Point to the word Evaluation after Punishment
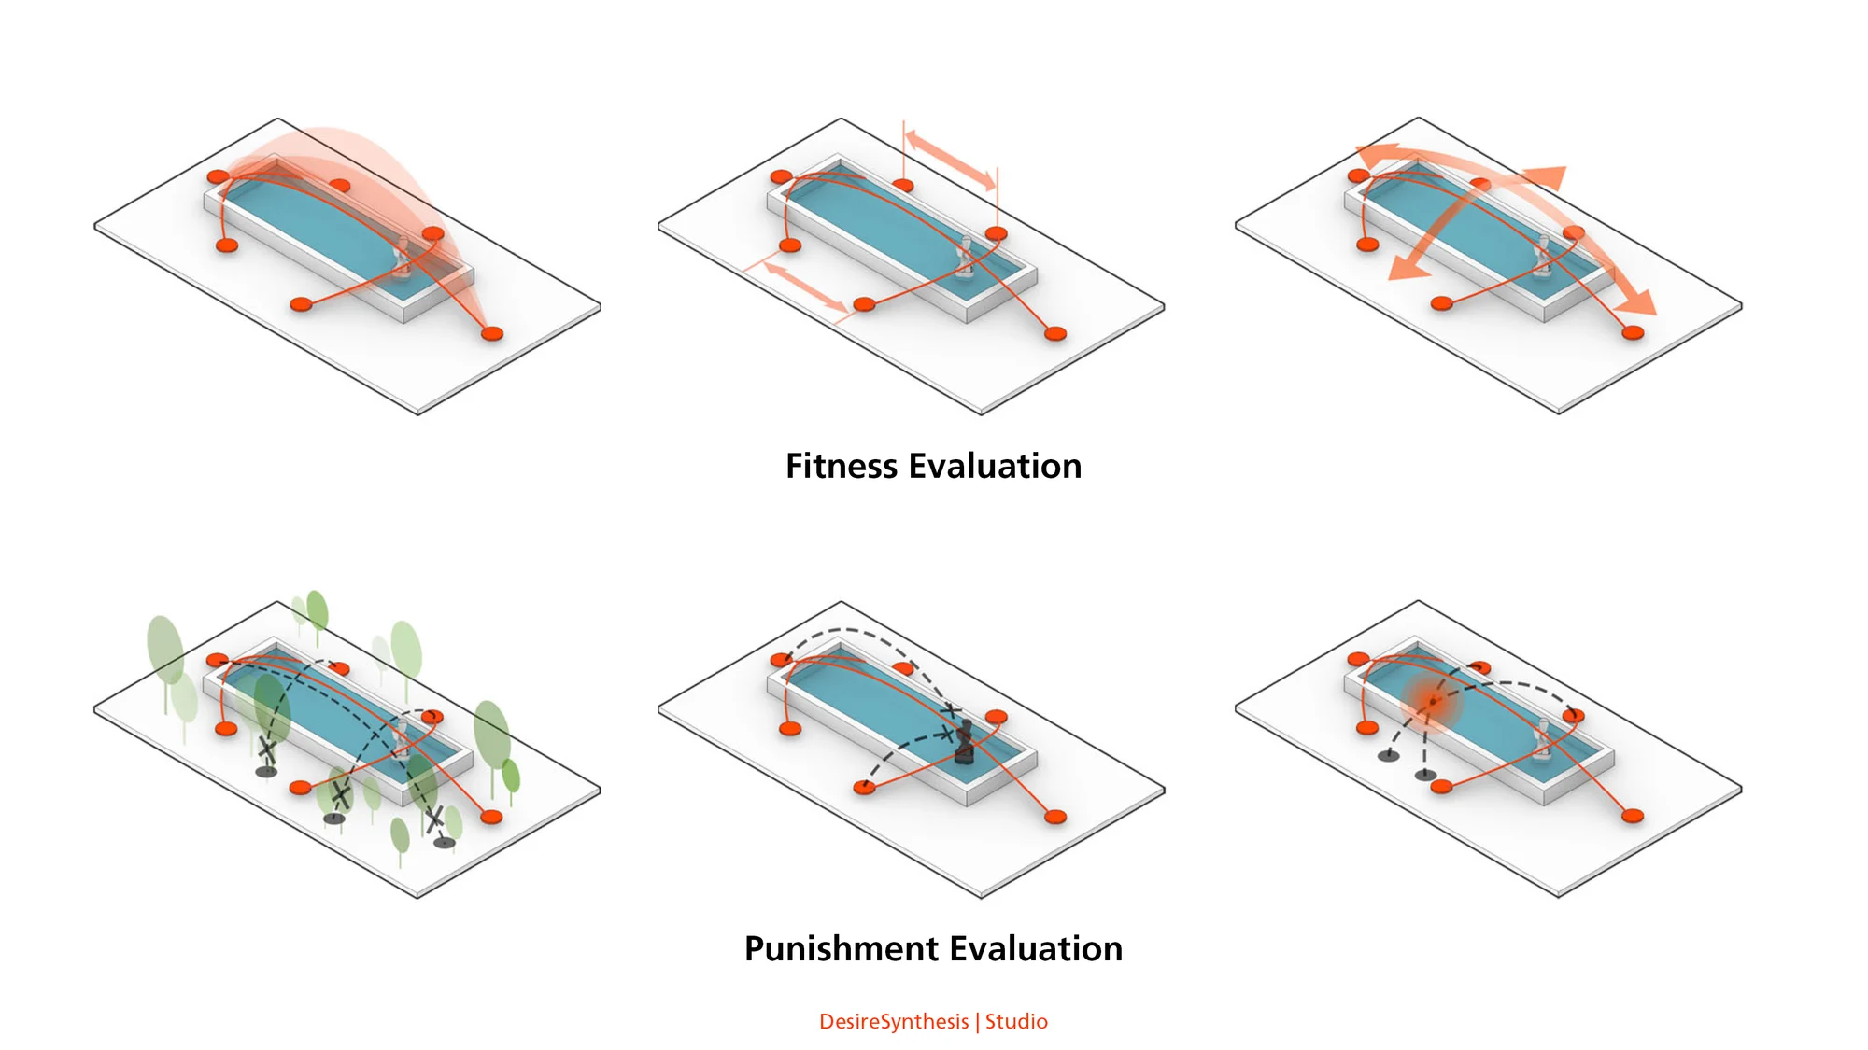[x=1037, y=948]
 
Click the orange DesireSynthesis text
[x=894, y=1022]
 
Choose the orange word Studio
[x=1016, y=1021]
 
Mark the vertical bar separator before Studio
[x=977, y=1022]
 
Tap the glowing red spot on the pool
[x=1430, y=702]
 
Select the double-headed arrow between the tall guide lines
[x=950, y=161]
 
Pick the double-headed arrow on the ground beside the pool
[x=805, y=287]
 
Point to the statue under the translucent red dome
[x=403, y=259]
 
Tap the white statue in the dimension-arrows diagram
[x=966, y=259]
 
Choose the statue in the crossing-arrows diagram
[x=1543, y=259]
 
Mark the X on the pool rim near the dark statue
[x=950, y=711]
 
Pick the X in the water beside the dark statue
[x=947, y=735]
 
